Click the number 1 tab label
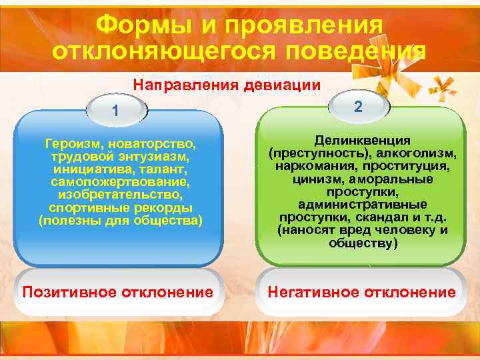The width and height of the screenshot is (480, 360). point(116,109)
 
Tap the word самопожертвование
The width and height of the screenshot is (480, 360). point(120,181)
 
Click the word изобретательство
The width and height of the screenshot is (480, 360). point(120,194)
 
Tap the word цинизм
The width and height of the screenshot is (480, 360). point(315,179)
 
